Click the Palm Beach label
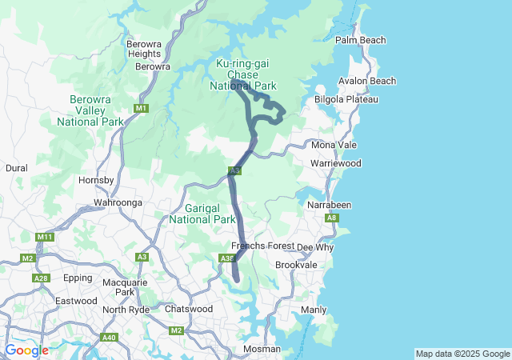360,40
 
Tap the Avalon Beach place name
367,81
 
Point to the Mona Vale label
334,145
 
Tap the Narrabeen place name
330,205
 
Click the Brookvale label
296,265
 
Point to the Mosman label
262,349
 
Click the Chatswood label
188,309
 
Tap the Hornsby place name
97,181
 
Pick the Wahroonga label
118,203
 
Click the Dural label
16,169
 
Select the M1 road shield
142,108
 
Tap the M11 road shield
45,237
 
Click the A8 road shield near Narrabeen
332,218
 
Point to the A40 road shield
110,338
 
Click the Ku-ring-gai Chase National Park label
243,74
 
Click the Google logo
26,350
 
